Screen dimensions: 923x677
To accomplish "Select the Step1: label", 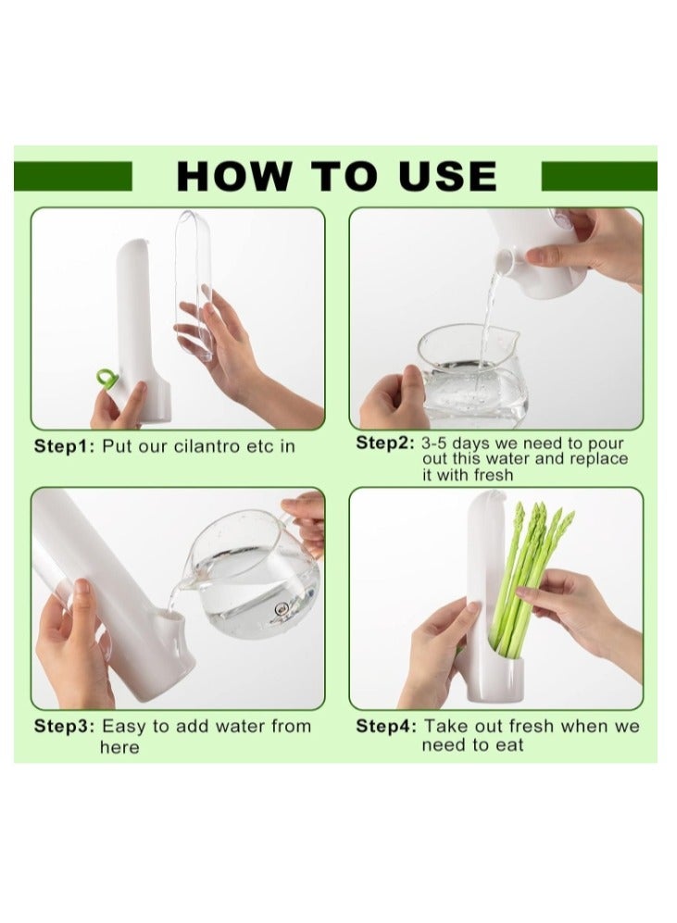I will (x=64, y=446).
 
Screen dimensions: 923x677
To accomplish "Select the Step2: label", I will (x=385, y=443).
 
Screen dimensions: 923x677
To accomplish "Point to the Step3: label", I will (x=64, y=726).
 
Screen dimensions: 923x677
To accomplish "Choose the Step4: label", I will (x=386, y=727).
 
